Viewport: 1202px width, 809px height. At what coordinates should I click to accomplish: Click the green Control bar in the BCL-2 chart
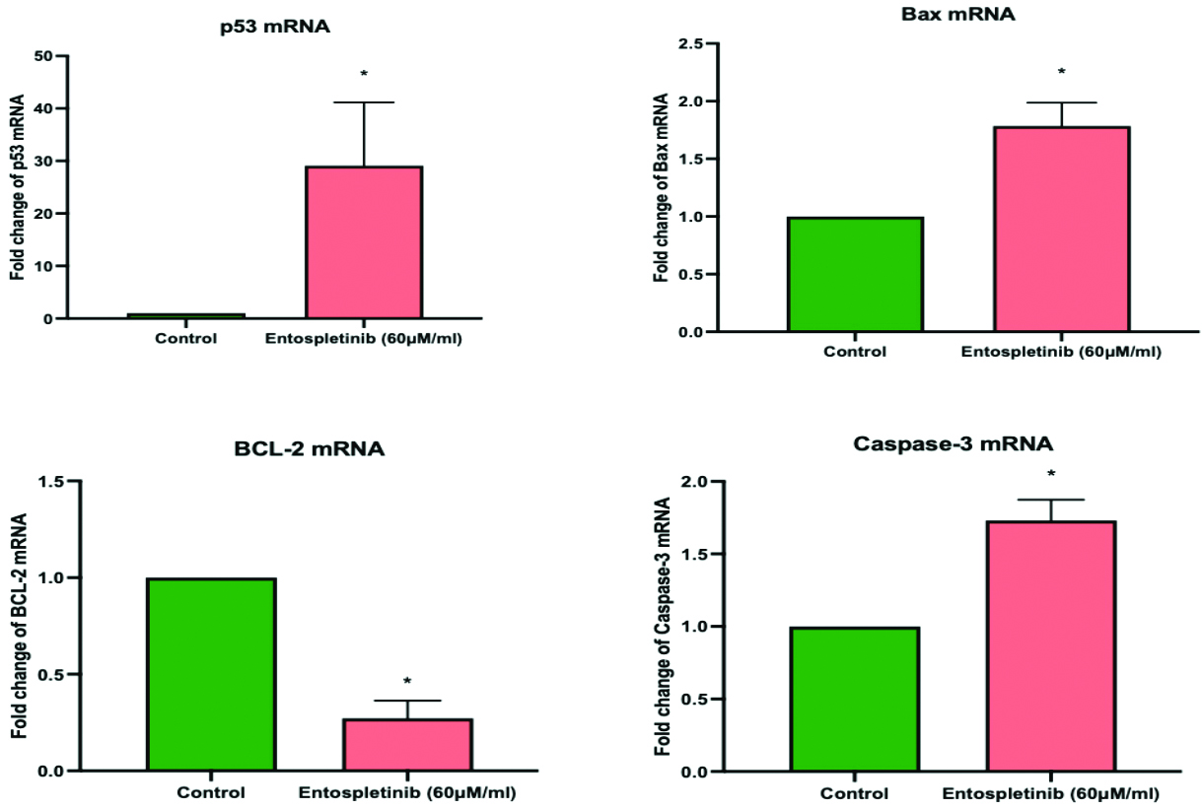click(x=211, y=674)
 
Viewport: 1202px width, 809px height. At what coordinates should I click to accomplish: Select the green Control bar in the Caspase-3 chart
click(x=854, y=699)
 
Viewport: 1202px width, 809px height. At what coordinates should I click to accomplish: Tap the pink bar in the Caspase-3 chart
click(x=1051, y=645)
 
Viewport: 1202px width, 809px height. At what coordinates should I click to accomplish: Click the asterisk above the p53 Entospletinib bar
click(x=364, y=75)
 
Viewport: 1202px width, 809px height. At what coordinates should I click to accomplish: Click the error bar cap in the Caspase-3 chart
click(x=1051, y=500)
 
